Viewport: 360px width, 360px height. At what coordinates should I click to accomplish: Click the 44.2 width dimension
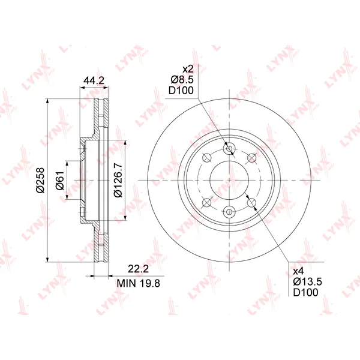pyautogui.click(x=94, y=80)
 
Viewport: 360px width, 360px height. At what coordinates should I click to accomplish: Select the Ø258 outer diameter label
pyautogui.click(x=40, y=180)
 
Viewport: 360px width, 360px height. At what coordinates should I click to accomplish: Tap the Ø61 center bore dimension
pyautogui.click(x=60, y=180)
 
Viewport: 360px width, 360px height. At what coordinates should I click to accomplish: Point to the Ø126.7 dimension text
pyautogui.click(x=118, y=180)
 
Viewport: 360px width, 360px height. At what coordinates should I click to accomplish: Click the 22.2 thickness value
pyautogui.click(x=138, y=269)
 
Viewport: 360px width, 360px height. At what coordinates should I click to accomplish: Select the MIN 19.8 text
pyautogui.click(x=138, y=283)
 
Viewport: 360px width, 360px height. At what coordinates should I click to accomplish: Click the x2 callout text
pyautogui.click(x=188, y=68)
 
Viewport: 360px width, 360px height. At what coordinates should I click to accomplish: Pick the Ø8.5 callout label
pyautogui.click(x=182, y=79)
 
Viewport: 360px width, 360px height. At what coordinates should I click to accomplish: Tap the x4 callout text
pyautogui.click(x=298, y=271)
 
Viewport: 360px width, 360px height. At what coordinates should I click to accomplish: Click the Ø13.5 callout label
pyautogui.click(x=307, y=281)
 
